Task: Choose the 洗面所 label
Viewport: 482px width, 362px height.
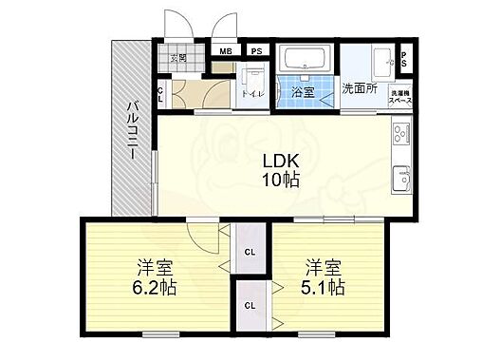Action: click(361, 88)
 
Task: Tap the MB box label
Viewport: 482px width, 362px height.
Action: click(227, 51)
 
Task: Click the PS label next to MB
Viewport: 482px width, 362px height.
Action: click(256, 51)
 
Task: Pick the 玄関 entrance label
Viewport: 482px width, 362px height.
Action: click(177, 58)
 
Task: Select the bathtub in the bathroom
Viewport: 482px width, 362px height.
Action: click(306, 60)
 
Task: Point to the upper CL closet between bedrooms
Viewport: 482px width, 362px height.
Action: click(250, 252)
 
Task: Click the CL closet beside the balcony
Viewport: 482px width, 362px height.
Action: click(159, 94)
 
